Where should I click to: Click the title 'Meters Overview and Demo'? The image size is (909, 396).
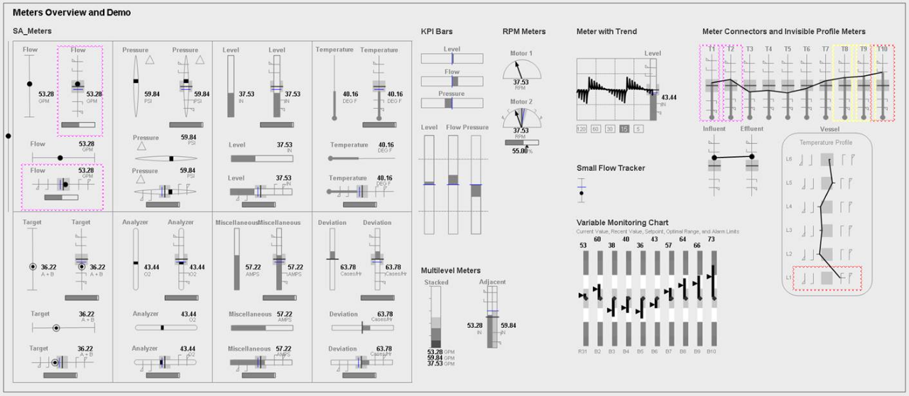point(71,13)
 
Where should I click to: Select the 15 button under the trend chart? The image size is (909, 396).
point(624,128)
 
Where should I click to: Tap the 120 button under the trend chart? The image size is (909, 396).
point(582,128)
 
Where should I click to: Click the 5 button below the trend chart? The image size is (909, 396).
point(638,128)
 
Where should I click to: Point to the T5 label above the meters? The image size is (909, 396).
point(788,49)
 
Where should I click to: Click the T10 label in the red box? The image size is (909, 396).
point(882,49)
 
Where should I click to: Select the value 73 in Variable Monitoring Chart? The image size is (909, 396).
point(712,239)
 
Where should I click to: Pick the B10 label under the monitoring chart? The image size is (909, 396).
point(712,351)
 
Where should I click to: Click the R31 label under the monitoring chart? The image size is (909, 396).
point(583,351)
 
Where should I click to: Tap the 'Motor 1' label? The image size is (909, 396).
point(521,53)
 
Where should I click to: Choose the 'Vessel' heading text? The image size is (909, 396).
point(829,129)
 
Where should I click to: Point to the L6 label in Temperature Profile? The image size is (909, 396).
point(789,159)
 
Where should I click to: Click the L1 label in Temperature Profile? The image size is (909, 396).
point(789,277)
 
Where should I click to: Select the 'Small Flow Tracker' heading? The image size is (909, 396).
point(611,168)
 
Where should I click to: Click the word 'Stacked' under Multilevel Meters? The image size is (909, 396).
point(436,282)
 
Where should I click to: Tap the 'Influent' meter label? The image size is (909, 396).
point(714,129)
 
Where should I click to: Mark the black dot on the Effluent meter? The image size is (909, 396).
point(753,157)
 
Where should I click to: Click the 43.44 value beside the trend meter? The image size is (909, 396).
point(668,97)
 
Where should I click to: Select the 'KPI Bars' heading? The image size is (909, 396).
point(436,31)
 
